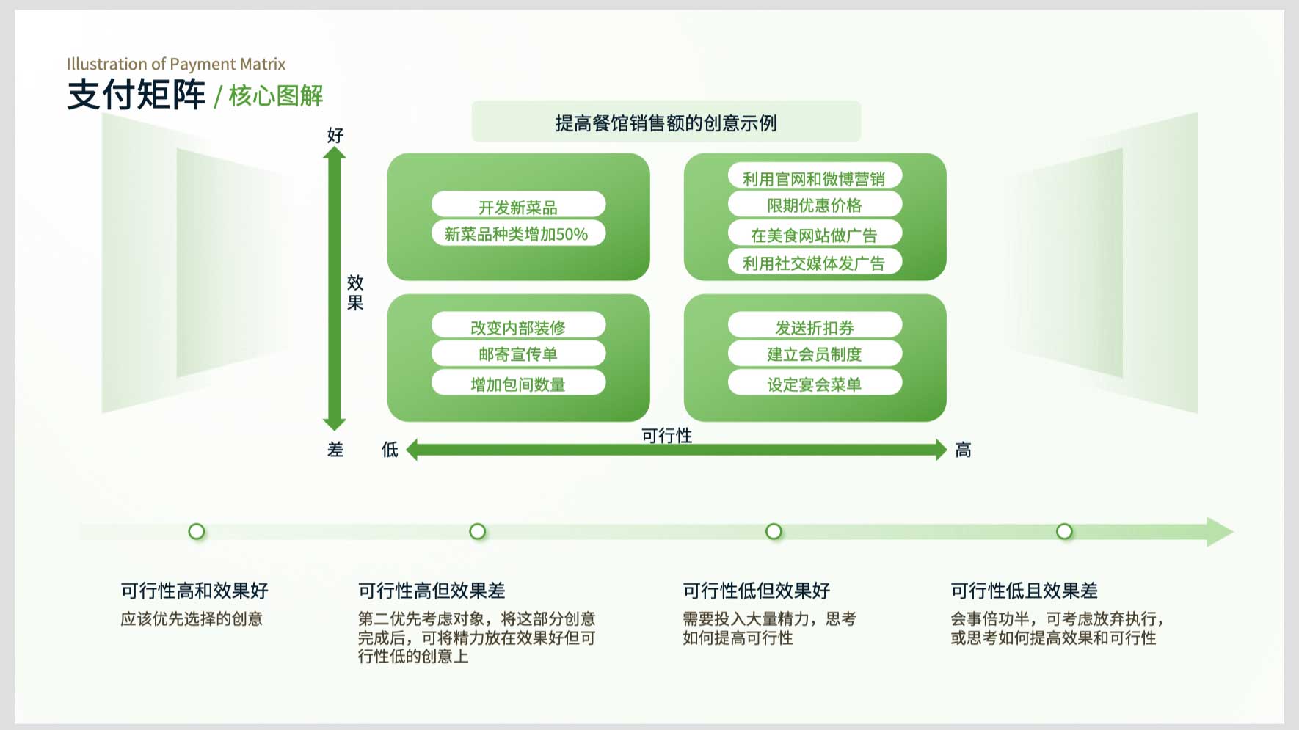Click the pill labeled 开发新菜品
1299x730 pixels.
tap(518, 205)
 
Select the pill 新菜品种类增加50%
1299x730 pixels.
tap(518, 233)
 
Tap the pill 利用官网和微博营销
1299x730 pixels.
tap(815, 177)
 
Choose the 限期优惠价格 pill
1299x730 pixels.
tap(815, 205)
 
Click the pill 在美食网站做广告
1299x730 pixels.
tap(815, 233)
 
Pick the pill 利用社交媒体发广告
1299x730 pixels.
tap(815, 262)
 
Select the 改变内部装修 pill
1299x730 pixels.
tap(518, 325)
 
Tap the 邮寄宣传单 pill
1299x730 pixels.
tap(518, 354)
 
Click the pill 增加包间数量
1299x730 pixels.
tap(518, 382)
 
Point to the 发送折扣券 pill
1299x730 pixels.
tap(815, 325)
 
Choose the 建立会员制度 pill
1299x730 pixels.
tap(815, 354)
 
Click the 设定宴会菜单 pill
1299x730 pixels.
tap(815, 382)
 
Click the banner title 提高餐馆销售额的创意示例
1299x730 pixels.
tap(666, 123)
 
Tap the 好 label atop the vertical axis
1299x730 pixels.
tap(335, 135)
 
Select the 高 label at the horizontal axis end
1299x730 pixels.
tap(963, 450)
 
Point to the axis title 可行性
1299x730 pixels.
tap(666, 435)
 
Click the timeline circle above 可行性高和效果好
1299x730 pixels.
tap(197, 531)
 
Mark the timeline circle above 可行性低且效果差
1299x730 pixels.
tap(1064, 531)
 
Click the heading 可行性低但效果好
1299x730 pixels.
tap(757, 591)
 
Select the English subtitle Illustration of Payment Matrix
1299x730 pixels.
tap(176, 65)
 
